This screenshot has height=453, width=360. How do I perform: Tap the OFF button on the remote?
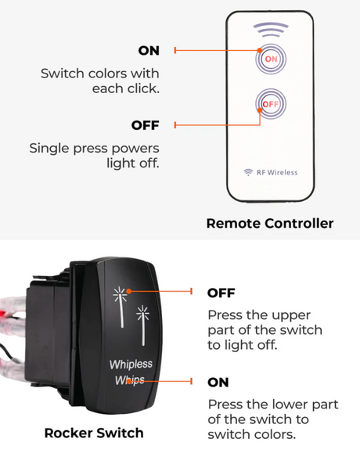click(271, 104)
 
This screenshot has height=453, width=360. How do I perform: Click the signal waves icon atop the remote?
click(271, 30)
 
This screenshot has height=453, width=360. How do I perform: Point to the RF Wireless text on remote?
click(277, 172)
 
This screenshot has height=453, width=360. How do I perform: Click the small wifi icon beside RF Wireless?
click(248, 172)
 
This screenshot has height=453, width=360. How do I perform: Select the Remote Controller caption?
click(270, 223)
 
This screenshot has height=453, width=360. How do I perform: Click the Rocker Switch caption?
click(94, 433)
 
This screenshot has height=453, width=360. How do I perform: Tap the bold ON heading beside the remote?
click(149, 51)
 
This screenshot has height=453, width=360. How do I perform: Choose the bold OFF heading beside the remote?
click(145, 125)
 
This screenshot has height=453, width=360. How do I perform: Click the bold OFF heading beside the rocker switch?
click(221, 293)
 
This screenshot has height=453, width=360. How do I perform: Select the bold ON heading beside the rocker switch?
click(218, 383)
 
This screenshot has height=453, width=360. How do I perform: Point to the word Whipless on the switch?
click(131, 364)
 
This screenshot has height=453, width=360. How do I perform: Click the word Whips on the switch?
click(130, 380)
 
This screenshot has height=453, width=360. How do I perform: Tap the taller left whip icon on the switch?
click(120, 307)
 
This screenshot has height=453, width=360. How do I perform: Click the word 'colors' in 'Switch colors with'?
click(107, 74)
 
